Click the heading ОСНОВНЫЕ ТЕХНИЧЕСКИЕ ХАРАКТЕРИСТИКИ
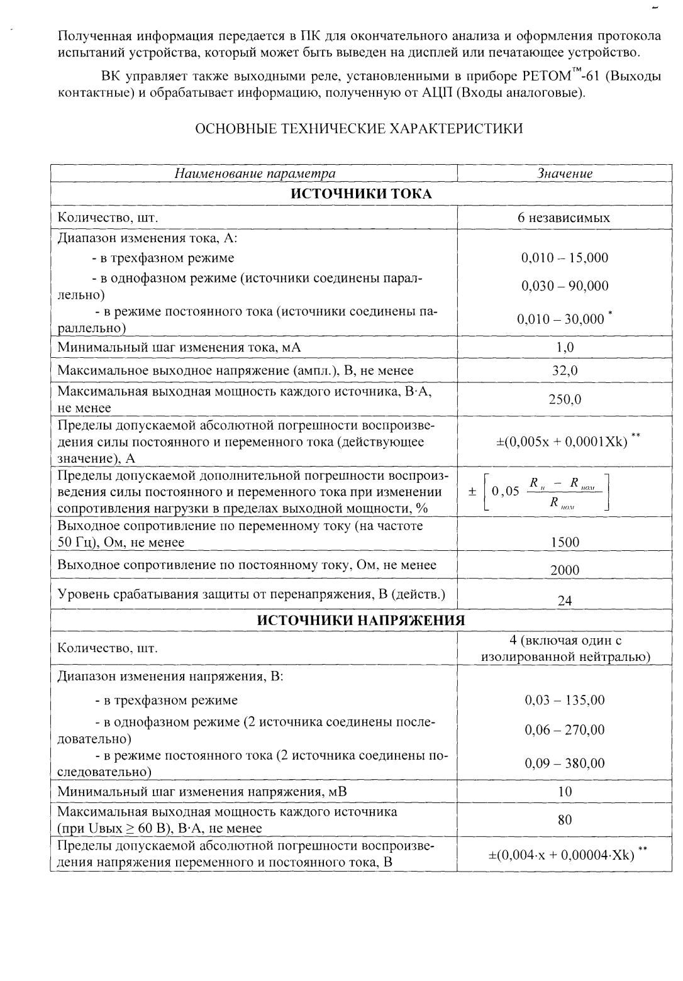(x=359, y=130)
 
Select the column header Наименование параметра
(x=254, y=174)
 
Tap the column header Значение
(x=565, y=174)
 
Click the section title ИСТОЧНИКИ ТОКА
(x=360, y=194)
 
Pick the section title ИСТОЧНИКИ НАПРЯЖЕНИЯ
(x=361, y=621)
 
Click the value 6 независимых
(x=564, y=218)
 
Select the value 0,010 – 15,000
(x=565, y=257)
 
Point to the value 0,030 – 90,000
(x=565, y=286)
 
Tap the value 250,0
(x=565, y=399)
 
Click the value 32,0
(x=565, y=370)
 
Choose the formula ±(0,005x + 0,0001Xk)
(x=562, y=441)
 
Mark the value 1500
(x=565, y=542)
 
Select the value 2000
(x=565, y=570)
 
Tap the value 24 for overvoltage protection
(x=565, y=601)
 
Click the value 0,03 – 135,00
(x=565, y=700)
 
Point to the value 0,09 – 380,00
(x=565, y=763)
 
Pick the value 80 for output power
(x=565, y=820)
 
